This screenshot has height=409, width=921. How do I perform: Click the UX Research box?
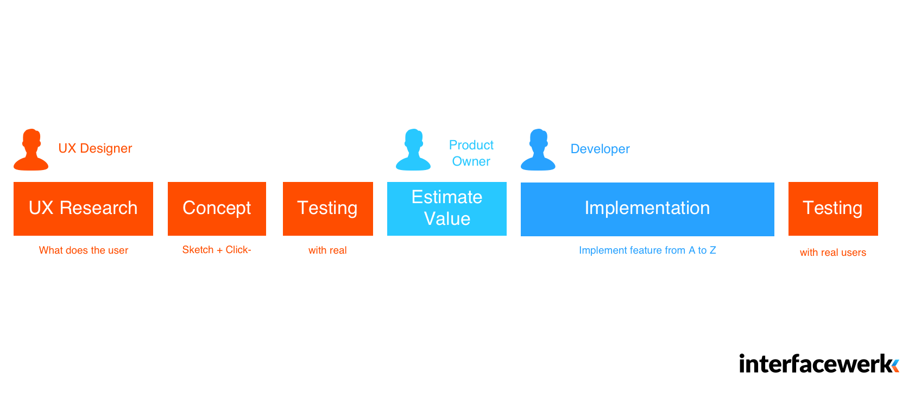point(83,209)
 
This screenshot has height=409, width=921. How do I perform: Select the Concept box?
point(217,209)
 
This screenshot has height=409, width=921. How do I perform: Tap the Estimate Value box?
point(447,209)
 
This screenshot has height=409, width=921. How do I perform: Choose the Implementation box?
point(647,209)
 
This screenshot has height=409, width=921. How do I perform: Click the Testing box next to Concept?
point(327,209)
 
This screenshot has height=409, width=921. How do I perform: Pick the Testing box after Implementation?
point(833,209)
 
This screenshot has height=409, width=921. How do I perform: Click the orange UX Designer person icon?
point(31,149)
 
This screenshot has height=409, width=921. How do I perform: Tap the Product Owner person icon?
point(413,149)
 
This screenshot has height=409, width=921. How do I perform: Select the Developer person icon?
point(538,149)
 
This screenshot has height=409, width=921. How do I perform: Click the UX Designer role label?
point(95,148)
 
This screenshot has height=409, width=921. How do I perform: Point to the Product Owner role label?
point(471,153)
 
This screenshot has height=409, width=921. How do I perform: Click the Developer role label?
point(600,149)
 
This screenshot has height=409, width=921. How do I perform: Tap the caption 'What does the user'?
point(84,250)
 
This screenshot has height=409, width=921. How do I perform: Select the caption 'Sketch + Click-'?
point(217,249)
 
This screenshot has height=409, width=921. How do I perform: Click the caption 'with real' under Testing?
point(327,250)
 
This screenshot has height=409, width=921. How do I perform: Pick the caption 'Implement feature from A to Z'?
point(647,250)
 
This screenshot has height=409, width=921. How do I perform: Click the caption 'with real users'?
point(833,253)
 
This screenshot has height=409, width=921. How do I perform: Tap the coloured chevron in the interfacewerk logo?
point(895,366)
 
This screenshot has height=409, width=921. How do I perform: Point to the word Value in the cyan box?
point(447,219)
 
